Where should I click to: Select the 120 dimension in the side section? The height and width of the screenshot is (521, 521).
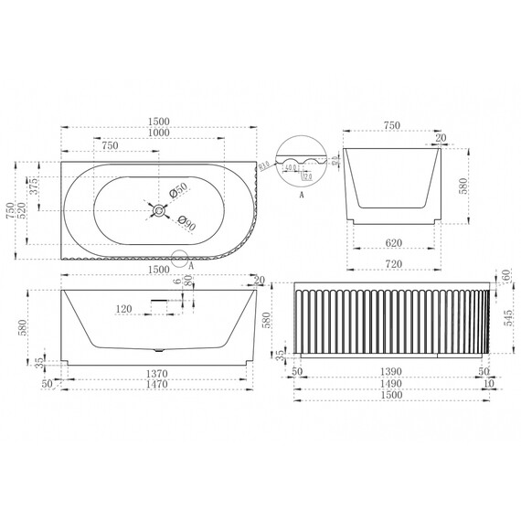pos(125,310)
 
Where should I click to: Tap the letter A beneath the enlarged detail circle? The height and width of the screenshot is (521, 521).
pos(303,194)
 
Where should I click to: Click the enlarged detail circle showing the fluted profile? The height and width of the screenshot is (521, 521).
pos(303,164)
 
